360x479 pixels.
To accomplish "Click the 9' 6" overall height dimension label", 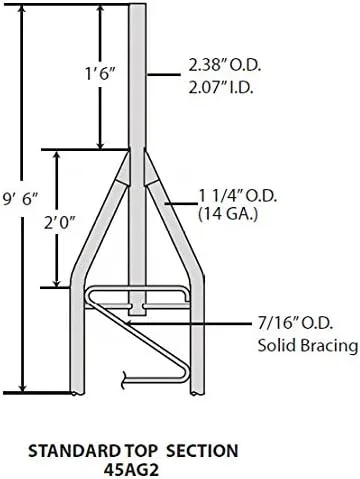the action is pyautogui.click(x=21, y=198).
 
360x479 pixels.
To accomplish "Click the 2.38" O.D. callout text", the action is pyautogui.click(x=225, y=66).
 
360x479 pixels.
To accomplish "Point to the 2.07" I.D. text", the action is pyautogui.click(x=220, y=88).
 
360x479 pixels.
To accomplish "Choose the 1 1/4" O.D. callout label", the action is pyautogui.click(x=238, y=196).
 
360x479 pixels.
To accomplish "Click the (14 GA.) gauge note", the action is pyautogui.click(x=228, y=214).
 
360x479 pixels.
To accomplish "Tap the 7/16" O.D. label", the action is pyautogui.click(x=295, y=323).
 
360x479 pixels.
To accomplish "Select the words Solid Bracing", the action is pyautogui.click(x=307, y=346).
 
